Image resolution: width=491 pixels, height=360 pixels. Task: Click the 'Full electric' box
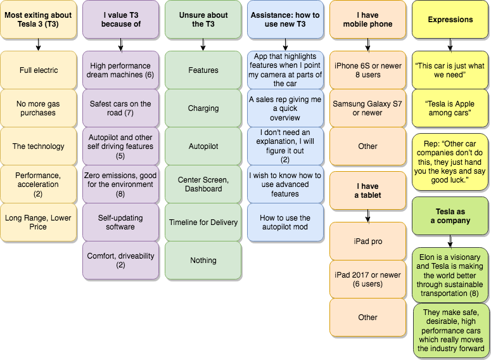click(x=38, y=70)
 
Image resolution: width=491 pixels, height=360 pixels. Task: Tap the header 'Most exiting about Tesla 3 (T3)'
click(x=38, y=20)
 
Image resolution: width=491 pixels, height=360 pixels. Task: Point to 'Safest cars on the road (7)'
click(x=120, y=108)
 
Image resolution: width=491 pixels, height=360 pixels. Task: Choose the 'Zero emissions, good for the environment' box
click(x=120, y=184)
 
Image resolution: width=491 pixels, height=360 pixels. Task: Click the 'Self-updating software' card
click(x=120, y=222)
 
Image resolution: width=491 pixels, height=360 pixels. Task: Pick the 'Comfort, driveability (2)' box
click(x=120, y=260)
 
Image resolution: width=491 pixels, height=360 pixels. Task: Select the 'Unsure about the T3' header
click(x=203, y=20)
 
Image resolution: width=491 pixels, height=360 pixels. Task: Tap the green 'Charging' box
click(x=203, y=108)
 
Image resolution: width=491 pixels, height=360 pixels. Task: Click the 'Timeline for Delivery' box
click(x=203, y=222)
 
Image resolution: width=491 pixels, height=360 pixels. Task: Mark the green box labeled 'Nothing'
click(x=203, y=260)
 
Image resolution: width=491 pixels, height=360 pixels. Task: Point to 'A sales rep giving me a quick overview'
click(x=285, y=108)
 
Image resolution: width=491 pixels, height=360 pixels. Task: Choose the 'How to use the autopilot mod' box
click(x=285, y=222)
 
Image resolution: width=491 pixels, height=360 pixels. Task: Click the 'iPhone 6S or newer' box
click(x=367, y=70)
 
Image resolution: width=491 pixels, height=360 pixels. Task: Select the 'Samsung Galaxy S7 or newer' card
click(x=367, y=108)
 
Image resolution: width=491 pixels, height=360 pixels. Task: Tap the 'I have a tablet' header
click(x=367, y=191)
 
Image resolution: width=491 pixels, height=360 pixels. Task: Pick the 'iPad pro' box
click(x=367, y=241)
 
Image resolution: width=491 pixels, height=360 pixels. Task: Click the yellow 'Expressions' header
click(x=450, y=20)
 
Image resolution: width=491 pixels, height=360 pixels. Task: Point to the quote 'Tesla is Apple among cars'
click(x=450, y=108)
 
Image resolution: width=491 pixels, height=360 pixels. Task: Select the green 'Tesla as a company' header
click(x=450, y=216)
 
